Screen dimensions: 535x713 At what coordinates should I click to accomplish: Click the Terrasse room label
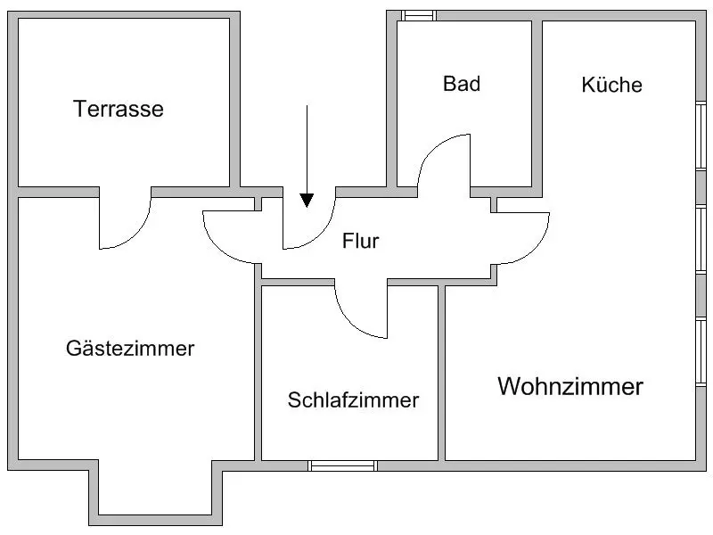point(119,110)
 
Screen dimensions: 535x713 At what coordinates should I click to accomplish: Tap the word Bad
point(462,84)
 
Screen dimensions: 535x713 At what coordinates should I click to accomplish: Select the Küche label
point(611,85)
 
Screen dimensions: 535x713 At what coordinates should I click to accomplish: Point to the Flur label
point(361,241)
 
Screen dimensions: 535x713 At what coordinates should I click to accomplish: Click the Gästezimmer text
point(130,348)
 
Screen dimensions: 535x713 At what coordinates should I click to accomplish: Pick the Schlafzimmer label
point(353,400)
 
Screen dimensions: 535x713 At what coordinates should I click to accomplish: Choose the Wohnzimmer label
point(570,387)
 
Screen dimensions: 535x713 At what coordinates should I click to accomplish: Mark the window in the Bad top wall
point(417,14)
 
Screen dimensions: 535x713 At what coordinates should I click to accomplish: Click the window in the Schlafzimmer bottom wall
point(343,465)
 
